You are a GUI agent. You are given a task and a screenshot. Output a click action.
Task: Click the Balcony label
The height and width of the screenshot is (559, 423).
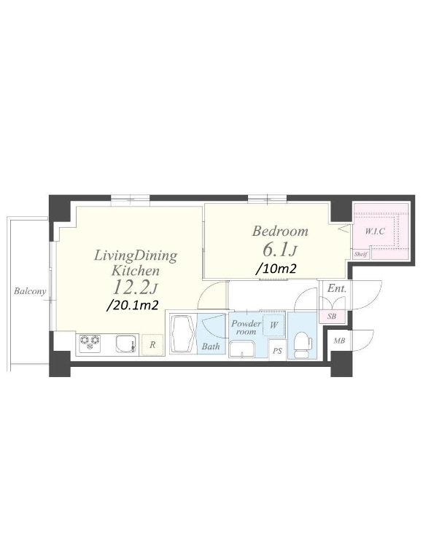click(x=30, y=291)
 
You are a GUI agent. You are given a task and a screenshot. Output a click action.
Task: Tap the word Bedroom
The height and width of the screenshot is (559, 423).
click(x=280, y=231)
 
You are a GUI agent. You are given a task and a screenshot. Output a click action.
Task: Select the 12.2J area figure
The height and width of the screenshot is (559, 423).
click(x=136, y=287)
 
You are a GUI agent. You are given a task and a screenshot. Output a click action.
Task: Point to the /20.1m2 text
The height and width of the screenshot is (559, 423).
click(x=133, y=305)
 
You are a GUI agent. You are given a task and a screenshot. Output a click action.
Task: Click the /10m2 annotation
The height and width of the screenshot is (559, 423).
click(x=276, y=269)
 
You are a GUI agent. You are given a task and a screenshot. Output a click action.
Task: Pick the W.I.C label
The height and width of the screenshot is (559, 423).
click(x=375, y=231)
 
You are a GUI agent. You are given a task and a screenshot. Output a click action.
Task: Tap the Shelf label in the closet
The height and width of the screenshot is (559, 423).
click(x=360, y=255)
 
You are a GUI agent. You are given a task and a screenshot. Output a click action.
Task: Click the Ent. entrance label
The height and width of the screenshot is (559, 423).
click(x=336, y=288)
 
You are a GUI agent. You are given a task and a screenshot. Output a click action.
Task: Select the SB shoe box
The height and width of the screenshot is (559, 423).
click(x=332, y=316)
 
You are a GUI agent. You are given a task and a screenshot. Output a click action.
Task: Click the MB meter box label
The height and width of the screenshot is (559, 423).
click(x=338, y=341)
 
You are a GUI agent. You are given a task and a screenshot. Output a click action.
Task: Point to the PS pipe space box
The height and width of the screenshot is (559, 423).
click(x=277, y=351)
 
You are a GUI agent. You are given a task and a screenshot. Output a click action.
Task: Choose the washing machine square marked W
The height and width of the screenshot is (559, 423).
click(x=273, y=325)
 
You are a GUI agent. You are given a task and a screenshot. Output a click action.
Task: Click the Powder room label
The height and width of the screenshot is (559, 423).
click(x=247, y=328)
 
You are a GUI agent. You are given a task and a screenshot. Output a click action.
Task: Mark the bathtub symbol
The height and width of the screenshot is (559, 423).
click(x=182, y=333)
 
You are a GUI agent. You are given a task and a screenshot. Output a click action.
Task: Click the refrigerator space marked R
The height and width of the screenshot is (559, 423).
click(x=152, y=345)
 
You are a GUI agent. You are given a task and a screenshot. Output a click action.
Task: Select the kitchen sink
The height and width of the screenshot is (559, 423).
click(x=126, y=344)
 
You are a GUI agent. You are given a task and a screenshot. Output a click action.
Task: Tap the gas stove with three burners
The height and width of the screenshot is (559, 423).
click(x=90, y=344)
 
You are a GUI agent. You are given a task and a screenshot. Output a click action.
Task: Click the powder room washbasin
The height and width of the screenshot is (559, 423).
click(x=242, y=349)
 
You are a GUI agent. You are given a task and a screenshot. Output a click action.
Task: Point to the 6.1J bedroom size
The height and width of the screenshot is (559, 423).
click(x=279, y=250)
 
